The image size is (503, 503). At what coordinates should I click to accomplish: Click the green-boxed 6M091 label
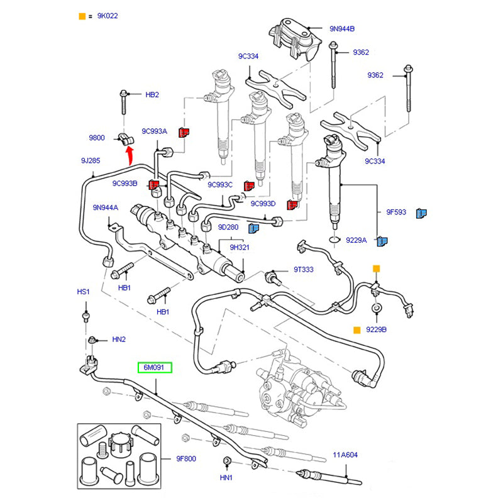(155, 367)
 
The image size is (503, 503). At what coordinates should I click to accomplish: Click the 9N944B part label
(342, 29)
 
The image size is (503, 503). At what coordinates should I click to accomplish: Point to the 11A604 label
(345, 454)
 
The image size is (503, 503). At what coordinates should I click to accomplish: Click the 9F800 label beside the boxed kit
(185, 458)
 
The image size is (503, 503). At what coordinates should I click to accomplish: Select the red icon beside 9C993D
(290, 205)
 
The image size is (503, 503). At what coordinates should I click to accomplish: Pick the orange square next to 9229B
(357, 329)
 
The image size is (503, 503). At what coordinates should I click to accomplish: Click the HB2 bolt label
(152, 95)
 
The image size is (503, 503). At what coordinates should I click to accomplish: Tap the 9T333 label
(303, 270)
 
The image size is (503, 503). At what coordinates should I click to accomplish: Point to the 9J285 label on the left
(90, 161)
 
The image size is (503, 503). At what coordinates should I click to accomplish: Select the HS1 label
(84, 292)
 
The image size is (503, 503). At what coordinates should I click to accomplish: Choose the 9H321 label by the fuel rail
(240, 247)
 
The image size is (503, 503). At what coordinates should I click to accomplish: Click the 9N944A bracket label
(105, 207)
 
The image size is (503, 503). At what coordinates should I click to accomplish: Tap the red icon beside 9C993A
(184, 131)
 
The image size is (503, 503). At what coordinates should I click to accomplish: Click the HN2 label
(119, 339)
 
